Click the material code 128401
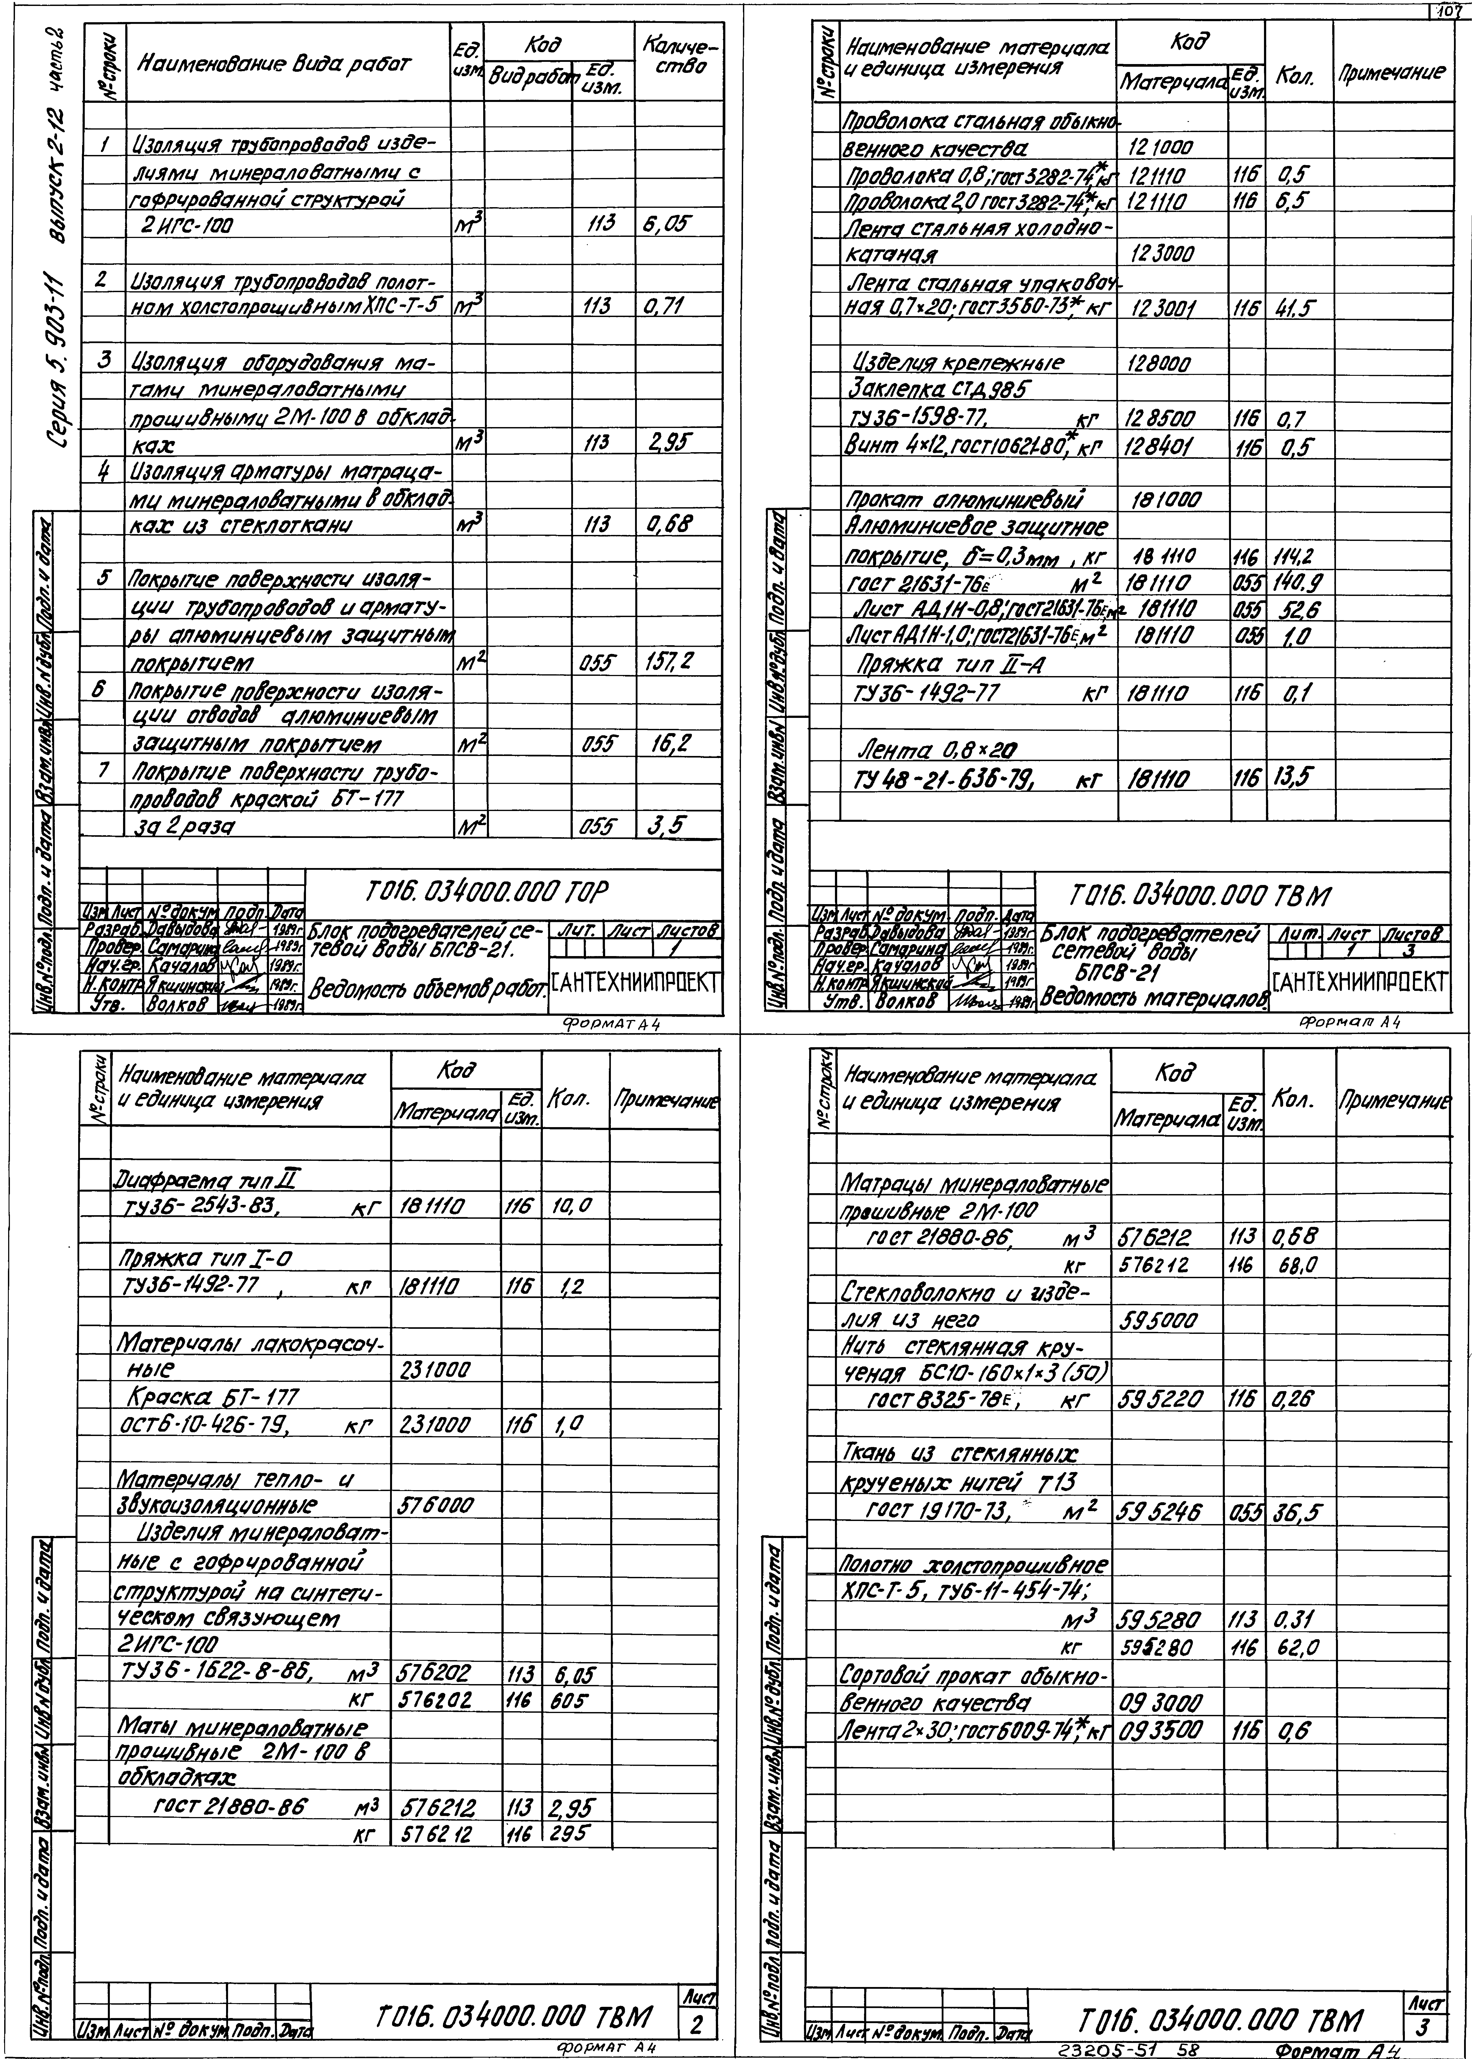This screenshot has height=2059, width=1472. (1159, 446)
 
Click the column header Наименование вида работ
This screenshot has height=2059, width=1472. (274, 64)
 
